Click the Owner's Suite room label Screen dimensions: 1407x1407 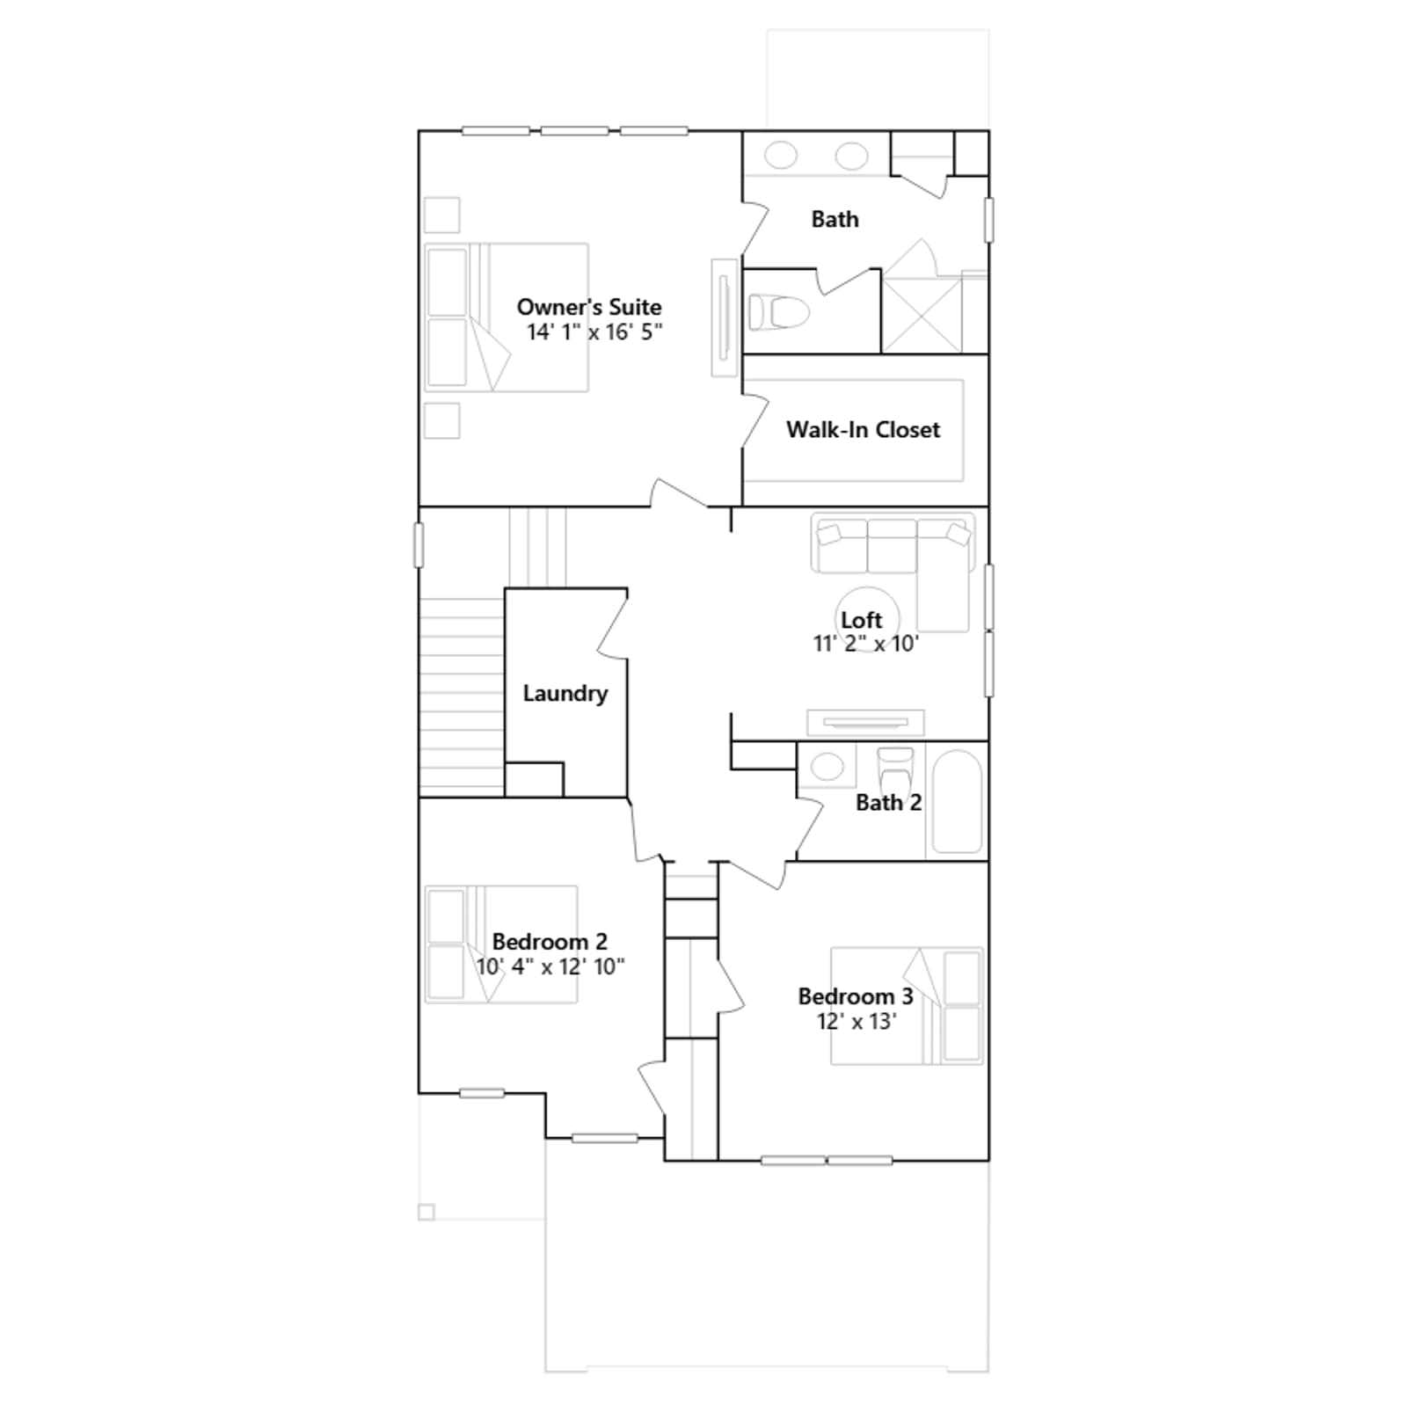589,307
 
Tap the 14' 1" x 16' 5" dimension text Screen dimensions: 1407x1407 594,332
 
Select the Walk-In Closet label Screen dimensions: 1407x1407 863,429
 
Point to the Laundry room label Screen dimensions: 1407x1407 565,693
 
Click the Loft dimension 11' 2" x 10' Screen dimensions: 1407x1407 865,644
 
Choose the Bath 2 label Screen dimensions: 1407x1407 888,802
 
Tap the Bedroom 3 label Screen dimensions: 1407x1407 856,996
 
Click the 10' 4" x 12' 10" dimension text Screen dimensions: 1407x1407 550,966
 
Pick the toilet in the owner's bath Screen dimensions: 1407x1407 778,311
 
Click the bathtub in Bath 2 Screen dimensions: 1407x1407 957,800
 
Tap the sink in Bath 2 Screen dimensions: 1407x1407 827,766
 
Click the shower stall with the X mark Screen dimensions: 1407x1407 922,315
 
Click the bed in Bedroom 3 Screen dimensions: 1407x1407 907,1005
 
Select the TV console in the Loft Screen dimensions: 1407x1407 865,722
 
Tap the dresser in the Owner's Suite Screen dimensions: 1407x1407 725,317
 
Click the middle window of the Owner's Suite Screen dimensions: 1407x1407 574,131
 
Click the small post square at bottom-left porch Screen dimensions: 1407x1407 426,1213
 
